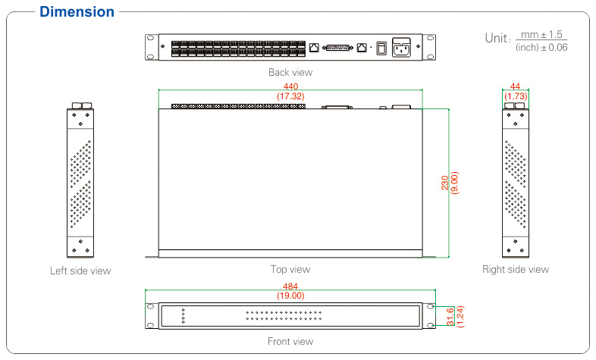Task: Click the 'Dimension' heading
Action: [77, 12]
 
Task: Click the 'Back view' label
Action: [290, 73]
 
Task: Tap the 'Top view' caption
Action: [290, 269]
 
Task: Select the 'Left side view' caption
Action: [80, 271]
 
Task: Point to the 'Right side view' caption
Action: [516, 269]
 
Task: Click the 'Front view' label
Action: [290, 342]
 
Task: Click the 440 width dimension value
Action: [290, 87]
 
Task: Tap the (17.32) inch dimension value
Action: [290, 97]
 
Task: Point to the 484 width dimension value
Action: [290, 286]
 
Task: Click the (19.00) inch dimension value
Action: [290, 296]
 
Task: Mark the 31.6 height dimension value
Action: [450, 316]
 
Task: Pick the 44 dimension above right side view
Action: [516, 87]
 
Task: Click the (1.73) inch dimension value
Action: [516, 97]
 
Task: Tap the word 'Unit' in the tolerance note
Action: [497, 38]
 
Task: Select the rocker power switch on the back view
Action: [381, 47]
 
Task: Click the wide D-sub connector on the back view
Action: [338, 47]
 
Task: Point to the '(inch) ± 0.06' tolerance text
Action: [541, 48]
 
